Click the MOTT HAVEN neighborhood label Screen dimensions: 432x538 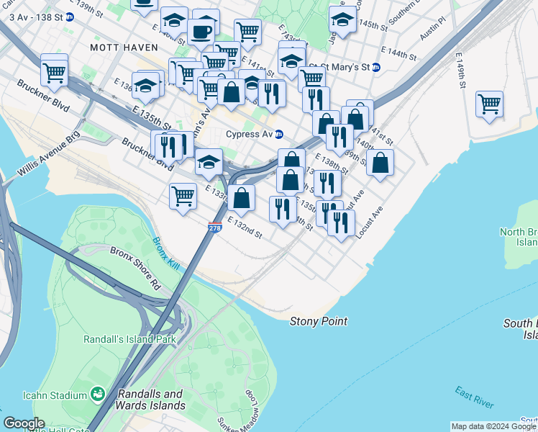tap(118, 47)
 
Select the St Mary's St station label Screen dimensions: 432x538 tap(345, 67)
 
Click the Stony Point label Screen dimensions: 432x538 tap(319, 321)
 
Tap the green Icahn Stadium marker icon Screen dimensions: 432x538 tap(96, 394)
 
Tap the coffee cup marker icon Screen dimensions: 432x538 tap(201, 31)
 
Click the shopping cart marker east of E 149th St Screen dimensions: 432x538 tap(489, 104)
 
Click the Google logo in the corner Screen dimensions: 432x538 tap(24, 423)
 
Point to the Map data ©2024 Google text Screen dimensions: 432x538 tap(493, 426)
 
